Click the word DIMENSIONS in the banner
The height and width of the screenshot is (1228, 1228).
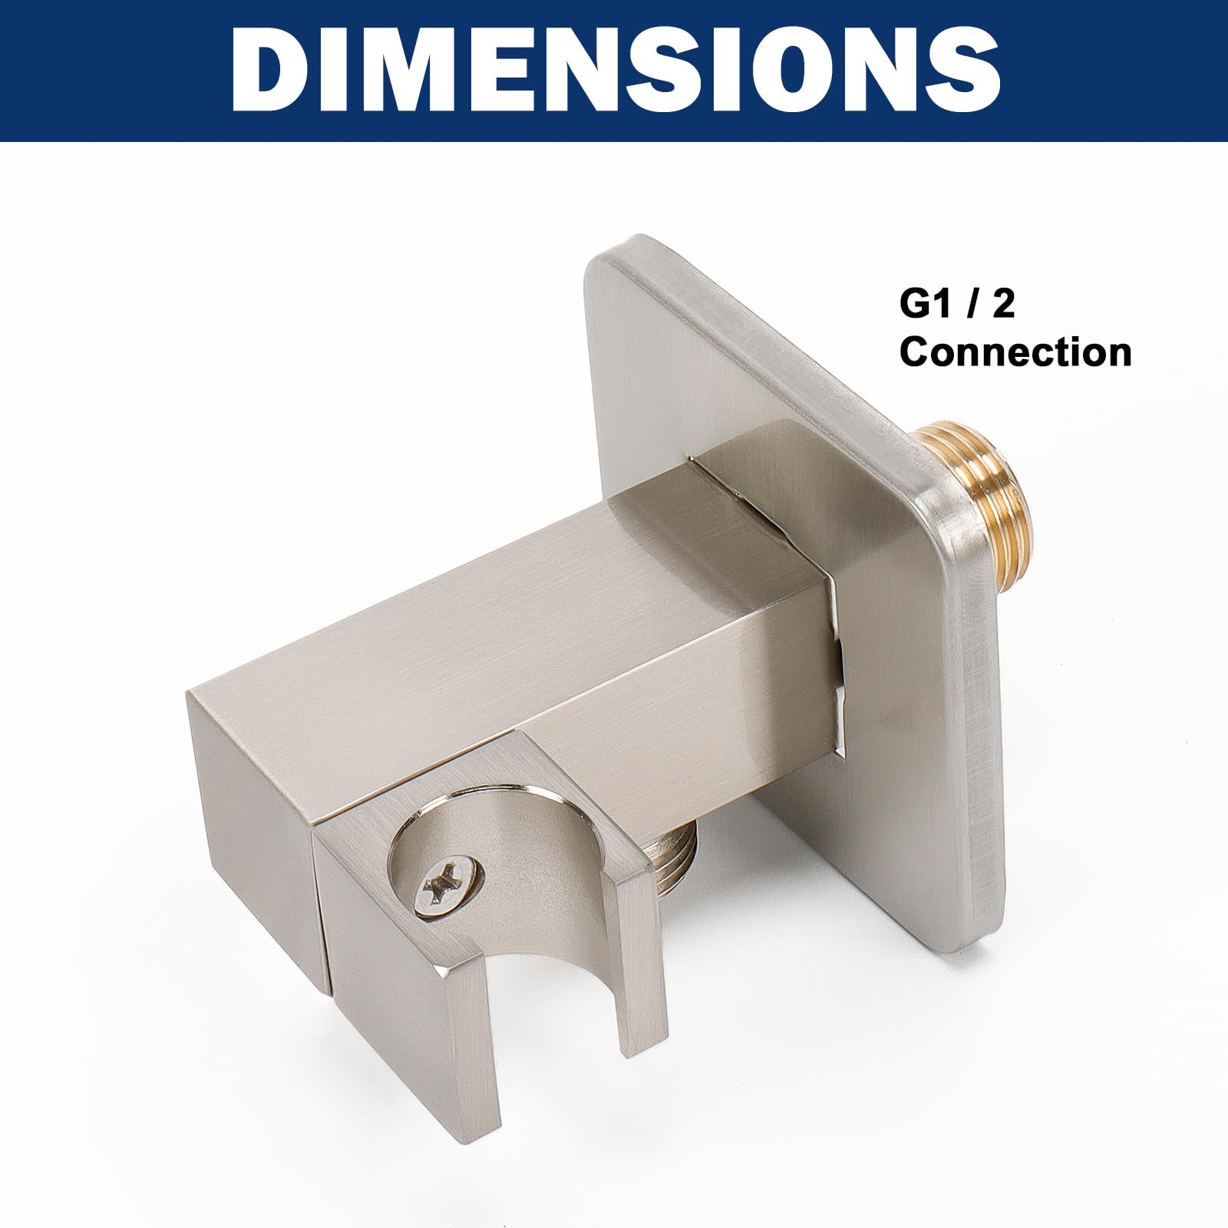[x=614, y=71]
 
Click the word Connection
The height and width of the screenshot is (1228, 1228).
[x=1015, y=352]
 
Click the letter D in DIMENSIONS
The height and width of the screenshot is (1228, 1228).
[x=271, y=72]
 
